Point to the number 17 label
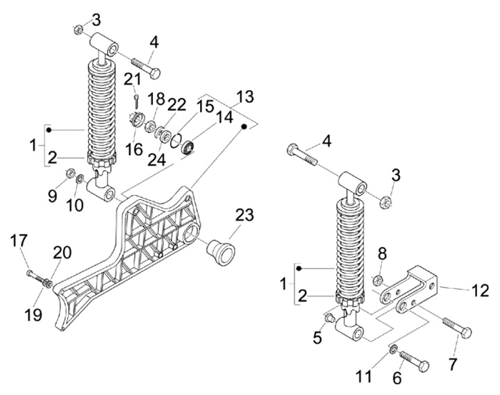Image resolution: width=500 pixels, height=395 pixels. (x=19, y=241)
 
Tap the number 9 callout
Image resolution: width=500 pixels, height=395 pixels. (x=53, y=196)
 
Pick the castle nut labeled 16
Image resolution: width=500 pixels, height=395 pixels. (x=137, y=124)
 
